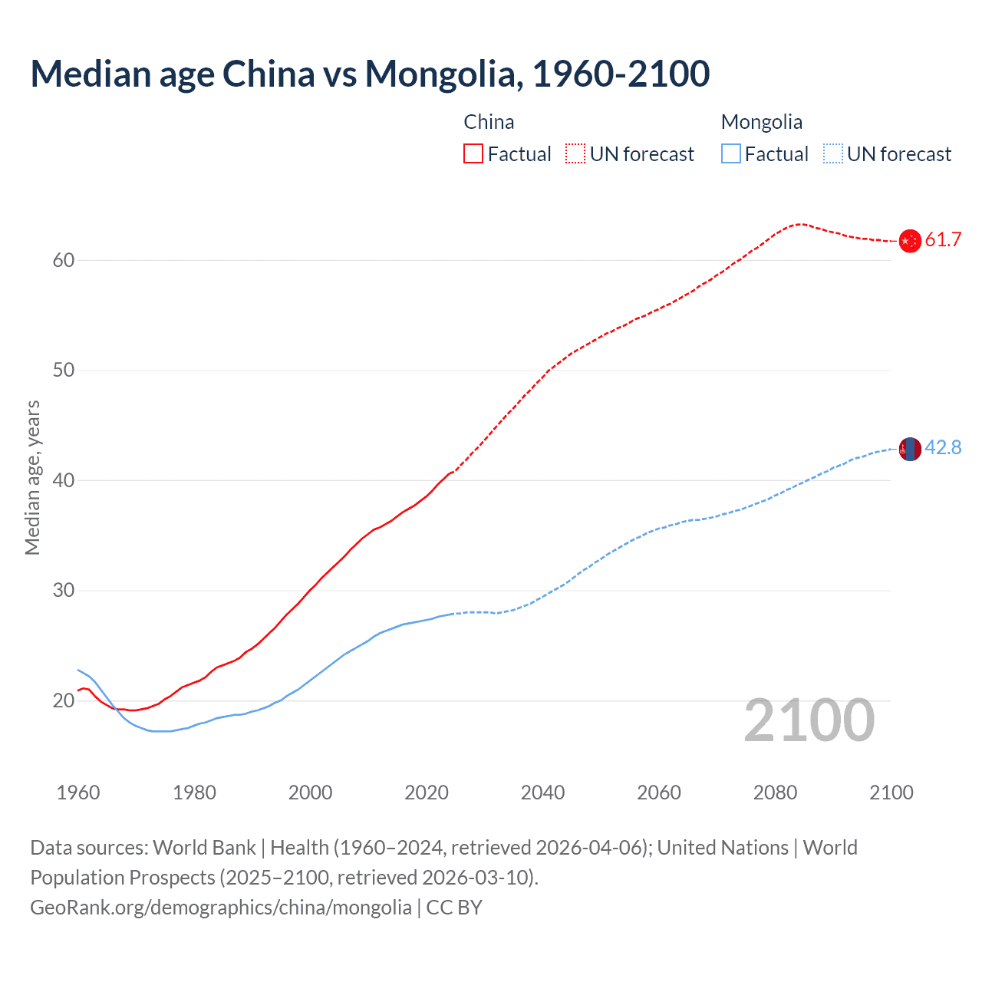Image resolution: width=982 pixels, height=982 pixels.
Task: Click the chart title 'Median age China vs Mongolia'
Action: tap(370, 74)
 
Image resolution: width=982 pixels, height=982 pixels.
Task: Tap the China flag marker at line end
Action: tap(909, 241)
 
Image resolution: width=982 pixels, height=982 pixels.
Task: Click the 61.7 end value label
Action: tap(943, 240)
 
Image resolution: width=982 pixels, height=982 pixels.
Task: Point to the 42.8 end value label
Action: tap(943, 448)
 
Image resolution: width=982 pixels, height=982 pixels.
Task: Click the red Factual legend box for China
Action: tap(473, 154)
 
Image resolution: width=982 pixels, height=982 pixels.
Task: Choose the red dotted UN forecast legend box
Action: tap(575, 154)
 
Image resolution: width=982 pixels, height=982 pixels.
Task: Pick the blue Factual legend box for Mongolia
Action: tap(730, 154)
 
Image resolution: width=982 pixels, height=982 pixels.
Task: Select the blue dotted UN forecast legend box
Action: tap(832, 154)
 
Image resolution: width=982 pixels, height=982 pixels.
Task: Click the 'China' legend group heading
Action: tap(489, 122)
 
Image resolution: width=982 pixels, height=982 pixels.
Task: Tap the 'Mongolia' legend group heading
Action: tap(761, 122)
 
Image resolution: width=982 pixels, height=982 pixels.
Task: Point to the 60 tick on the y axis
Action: tap(63, 260)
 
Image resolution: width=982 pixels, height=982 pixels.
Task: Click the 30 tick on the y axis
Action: tap(63, 591)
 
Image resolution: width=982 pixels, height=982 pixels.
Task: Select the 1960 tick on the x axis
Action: tap(78, 793)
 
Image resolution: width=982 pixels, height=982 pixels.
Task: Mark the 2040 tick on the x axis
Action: tap(542, 793)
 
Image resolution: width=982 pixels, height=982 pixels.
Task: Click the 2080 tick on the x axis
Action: tap(775, 793)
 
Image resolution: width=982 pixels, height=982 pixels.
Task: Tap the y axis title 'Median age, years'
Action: tap(32, 477)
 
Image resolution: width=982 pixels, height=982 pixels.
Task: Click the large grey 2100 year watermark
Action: tap(809, 720)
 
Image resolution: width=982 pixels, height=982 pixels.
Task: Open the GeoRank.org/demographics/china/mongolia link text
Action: tap(221, 908)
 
